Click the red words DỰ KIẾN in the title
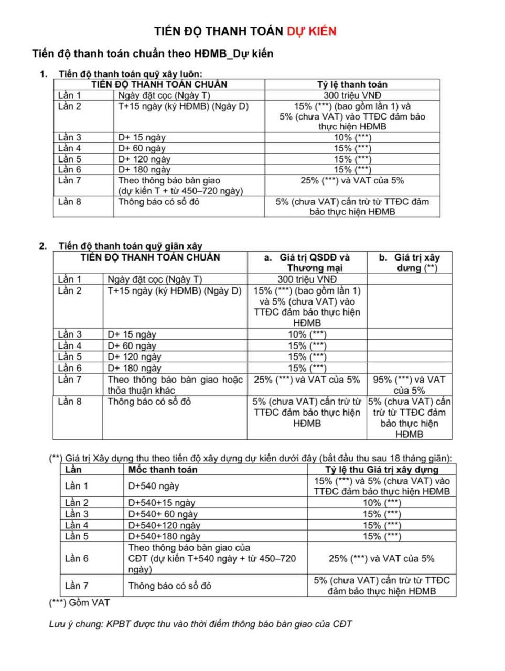coord(311,31)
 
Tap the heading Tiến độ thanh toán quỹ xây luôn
coord(130,74)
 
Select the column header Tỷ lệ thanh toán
coord(352,84)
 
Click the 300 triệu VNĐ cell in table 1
coord(352,95)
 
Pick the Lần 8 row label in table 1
coord(70,202)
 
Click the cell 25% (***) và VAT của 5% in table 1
coord(352,180)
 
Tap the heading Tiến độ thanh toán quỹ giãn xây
coord(130,246)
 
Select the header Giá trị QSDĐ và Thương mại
coord(307,263)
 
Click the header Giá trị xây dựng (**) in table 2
coord(410,263)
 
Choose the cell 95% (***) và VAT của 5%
coord(409,385)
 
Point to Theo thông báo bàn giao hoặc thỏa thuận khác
coord(175,385)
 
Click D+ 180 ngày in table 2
coord(134,368)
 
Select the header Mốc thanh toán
coord(163,470)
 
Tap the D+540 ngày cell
coord(154,486)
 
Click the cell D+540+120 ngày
coord(164,525)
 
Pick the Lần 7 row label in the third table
coord(77,586)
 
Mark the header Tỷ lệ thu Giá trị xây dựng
coord(381,470)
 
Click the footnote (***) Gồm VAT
coord(79,603)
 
